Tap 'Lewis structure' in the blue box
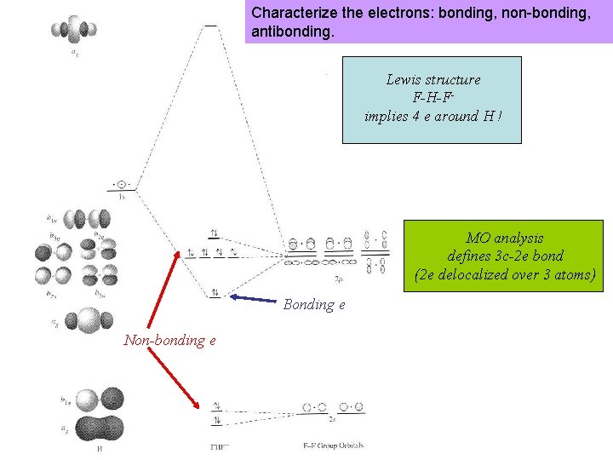coord(433,79)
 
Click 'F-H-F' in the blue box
coord(433,98)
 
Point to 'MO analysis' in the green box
coord(504,238)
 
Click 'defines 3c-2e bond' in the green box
coord(504,256)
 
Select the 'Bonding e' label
coord(314,304)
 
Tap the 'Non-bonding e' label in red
coord(169,340)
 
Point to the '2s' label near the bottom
coord(332,419)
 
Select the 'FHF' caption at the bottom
coord(220,446)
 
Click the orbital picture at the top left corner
coord(72,28)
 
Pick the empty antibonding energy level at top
coord(210,26)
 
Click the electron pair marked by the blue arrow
coord(215,292)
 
